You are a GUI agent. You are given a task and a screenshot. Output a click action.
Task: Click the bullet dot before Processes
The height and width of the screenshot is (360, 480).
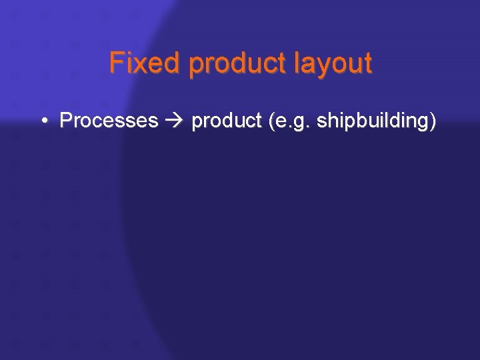point(43,121)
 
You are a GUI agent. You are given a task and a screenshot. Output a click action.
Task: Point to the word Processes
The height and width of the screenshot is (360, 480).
point(109,121)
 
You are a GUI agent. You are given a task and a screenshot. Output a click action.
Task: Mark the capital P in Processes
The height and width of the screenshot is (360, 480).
point(65,121)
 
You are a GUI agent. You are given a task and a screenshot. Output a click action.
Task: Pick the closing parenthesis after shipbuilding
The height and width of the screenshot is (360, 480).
point(433,121)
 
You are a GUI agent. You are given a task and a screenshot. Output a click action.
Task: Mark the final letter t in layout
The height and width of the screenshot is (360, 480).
point(367,64)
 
